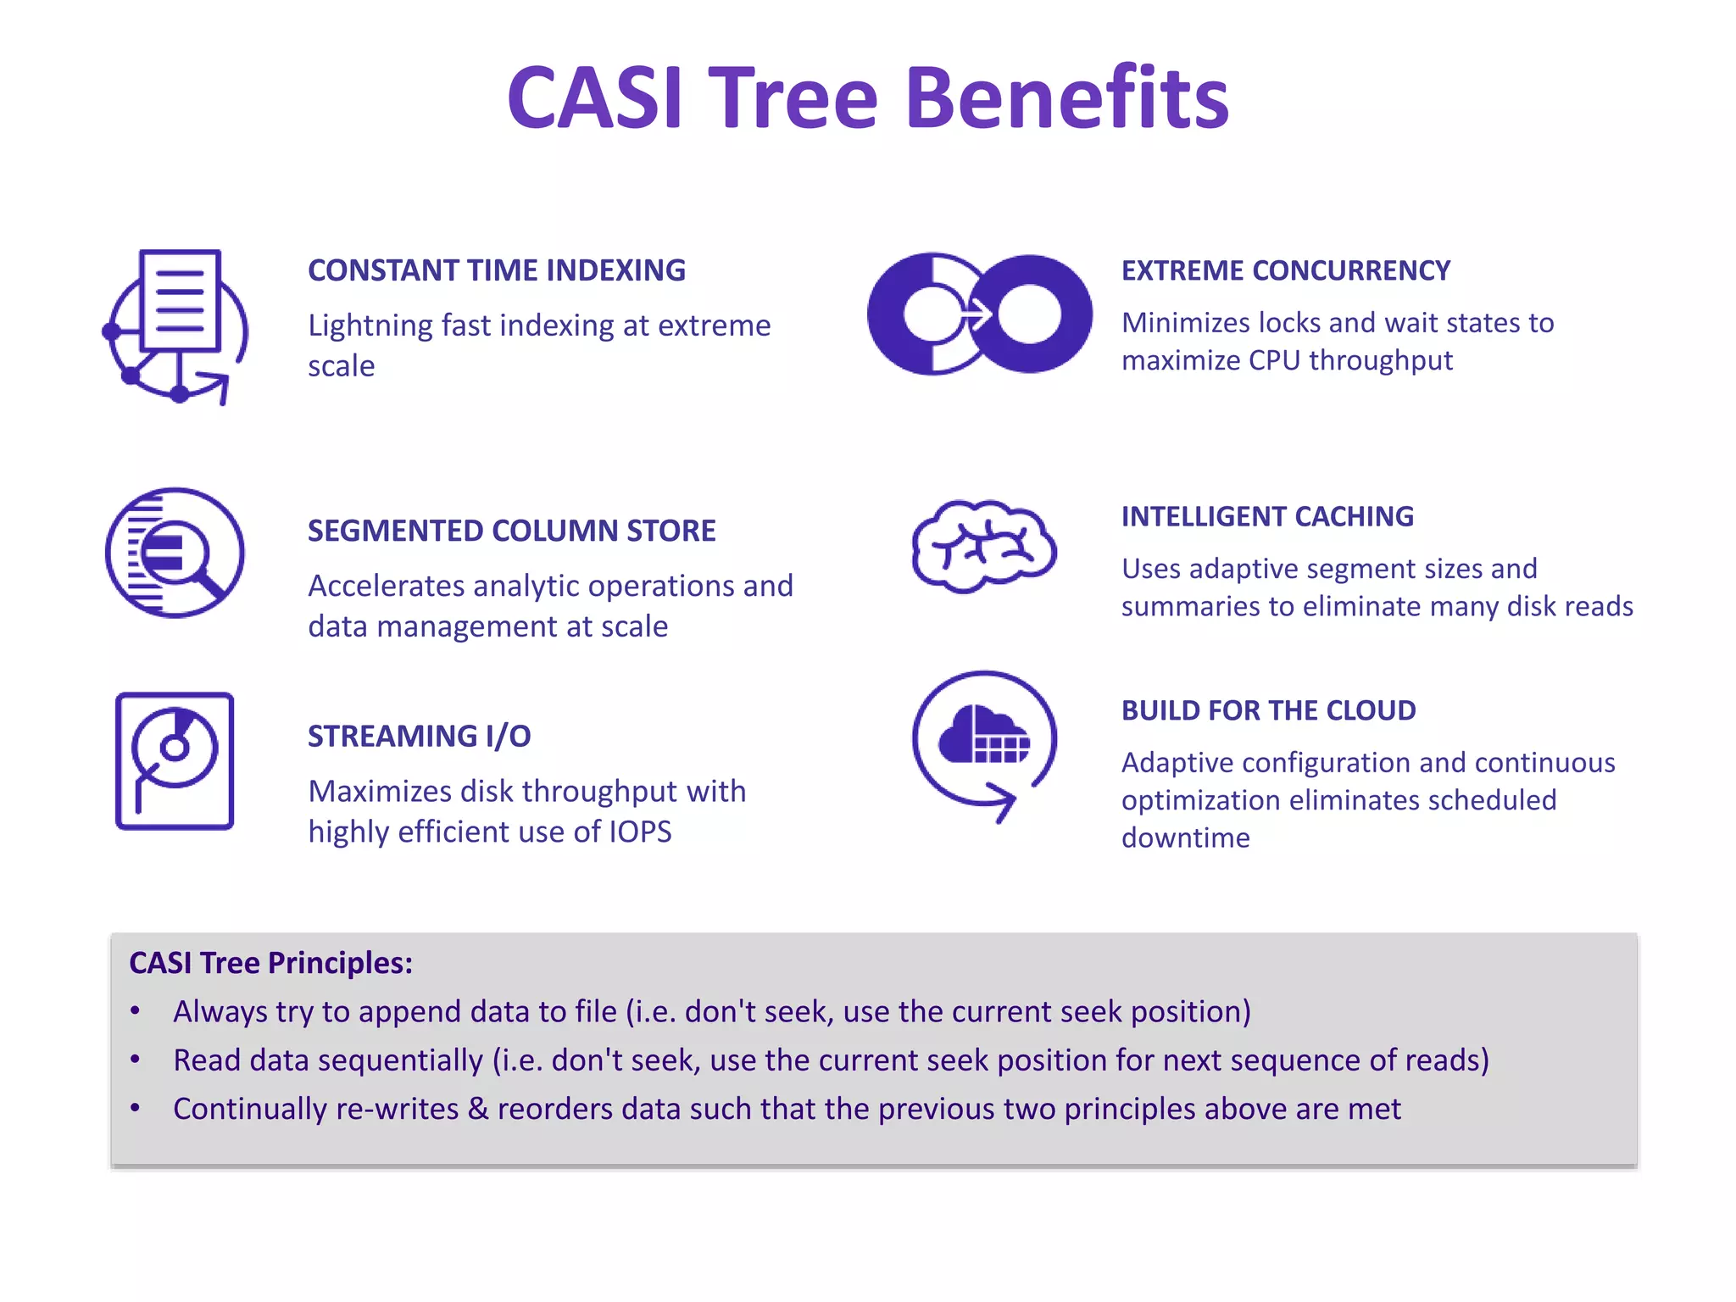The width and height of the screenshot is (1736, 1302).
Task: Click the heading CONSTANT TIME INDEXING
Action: pos(496,270)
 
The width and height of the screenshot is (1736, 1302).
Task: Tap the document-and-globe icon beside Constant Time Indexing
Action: pos(175,326)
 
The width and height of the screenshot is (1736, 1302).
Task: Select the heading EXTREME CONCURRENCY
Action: pos(1285,270)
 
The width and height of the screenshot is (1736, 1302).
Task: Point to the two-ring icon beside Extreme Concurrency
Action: pos(980,314)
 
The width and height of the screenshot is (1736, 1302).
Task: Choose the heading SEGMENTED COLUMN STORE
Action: pos(511,531)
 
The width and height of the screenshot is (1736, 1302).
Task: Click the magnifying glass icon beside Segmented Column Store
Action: pos(175,553)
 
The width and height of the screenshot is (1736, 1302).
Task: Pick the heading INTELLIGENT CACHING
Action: pos(1267,516)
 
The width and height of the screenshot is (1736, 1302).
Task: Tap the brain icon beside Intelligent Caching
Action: pos(983,546)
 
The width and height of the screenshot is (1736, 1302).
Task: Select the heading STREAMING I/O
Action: pos(419,736)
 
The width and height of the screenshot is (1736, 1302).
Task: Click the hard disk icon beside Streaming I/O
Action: pos(175,760)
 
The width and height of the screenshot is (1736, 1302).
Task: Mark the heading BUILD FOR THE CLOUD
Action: pos(1268,710)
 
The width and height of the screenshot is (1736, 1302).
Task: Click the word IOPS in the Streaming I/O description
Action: pos(640,832)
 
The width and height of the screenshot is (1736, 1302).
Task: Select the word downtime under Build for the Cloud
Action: pos(1185,837)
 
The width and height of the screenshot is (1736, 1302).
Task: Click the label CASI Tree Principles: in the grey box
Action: pos(270,963)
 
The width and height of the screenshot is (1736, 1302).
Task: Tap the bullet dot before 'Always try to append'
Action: pos(135,1011)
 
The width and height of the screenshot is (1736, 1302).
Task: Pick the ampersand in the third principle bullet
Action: pos(478,1109)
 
